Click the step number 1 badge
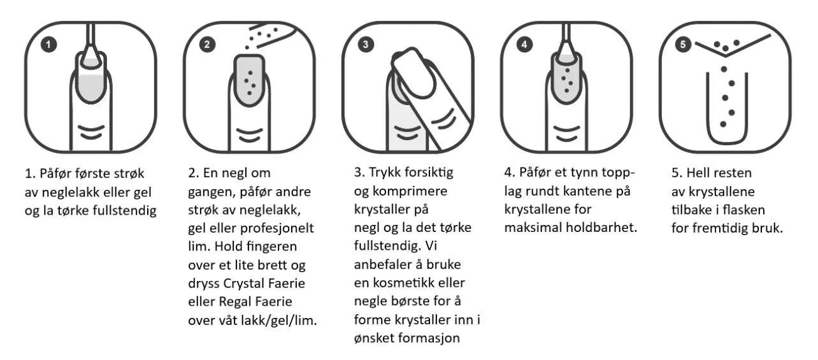pos(48,45)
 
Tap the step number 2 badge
pos(207,45)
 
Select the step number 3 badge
pos(366,45)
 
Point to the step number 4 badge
pos(524,45)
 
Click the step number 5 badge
pos(683,45)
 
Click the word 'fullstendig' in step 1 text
pos(124,211)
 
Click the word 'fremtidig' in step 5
pos(720,229)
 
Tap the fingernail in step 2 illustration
pos(250,80)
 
